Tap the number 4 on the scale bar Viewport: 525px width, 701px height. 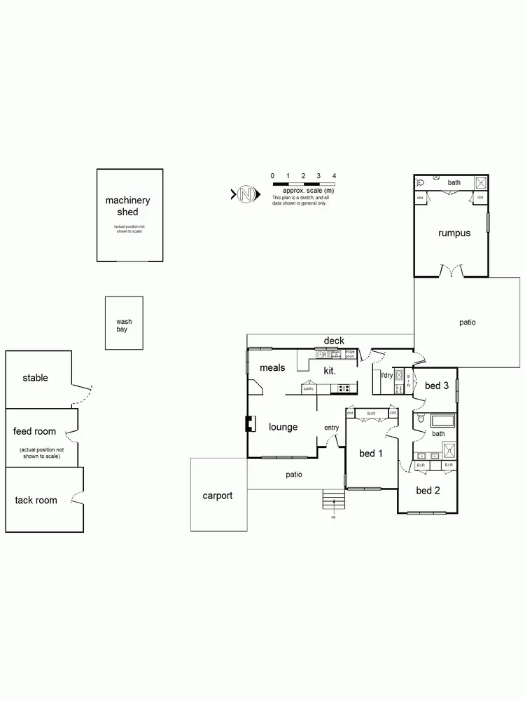pos(334,176)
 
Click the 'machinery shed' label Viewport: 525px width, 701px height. pos(127,205)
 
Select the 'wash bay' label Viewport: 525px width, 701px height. pos(123,325)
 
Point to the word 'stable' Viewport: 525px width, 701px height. pos(35,378)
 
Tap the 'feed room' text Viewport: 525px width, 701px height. pos(34,431)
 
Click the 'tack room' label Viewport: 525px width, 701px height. pos(36,500)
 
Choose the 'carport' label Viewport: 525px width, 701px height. pos(217,496)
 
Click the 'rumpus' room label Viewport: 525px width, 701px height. pos(454,233)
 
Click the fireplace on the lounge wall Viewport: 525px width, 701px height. pos(248,425)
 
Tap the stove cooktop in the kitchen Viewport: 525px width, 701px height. pos(344,388)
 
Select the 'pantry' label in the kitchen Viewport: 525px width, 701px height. pos(308,388)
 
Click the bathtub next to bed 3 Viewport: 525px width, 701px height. pos(442,422)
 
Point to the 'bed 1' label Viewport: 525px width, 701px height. pos(371,454)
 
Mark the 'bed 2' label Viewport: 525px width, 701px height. pos(428,490)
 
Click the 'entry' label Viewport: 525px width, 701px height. pos(331,428)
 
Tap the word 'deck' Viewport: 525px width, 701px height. pos(334,341)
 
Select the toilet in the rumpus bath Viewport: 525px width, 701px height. pos(421,183)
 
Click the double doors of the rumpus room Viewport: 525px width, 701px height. pos(451,271)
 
